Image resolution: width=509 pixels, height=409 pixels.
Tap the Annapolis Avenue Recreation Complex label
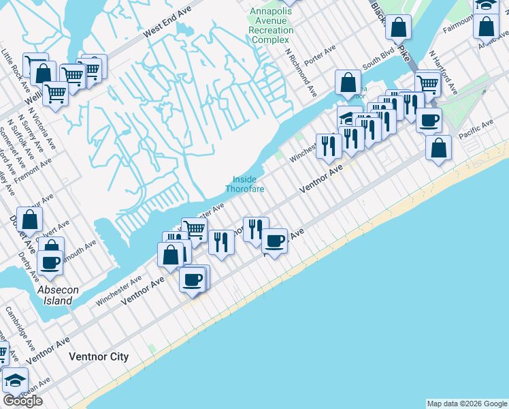click(271, 25)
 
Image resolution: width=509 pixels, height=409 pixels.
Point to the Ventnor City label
click(99, 357)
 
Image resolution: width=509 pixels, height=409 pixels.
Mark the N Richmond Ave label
click(301, 72)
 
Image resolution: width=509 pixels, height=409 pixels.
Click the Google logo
click(22, 400)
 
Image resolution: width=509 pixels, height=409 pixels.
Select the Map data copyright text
click(466, 404)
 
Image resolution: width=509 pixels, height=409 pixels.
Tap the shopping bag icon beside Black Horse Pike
click(399, 27)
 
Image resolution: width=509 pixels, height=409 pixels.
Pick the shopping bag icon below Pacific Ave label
click(439, 147)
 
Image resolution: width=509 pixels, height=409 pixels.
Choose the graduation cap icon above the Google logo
click(14, 380)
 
